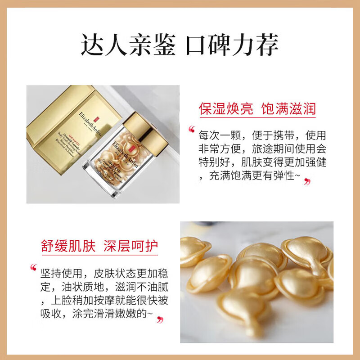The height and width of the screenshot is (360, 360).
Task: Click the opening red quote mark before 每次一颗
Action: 192,130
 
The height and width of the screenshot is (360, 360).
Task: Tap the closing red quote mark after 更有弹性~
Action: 307,182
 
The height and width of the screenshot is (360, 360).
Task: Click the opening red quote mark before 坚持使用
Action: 33,268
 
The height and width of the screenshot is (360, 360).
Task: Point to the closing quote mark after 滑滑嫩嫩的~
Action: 160,320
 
